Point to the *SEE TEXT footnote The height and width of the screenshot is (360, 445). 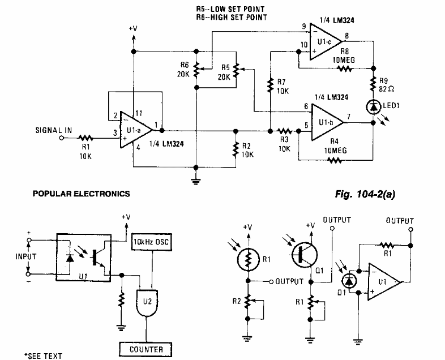43,355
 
